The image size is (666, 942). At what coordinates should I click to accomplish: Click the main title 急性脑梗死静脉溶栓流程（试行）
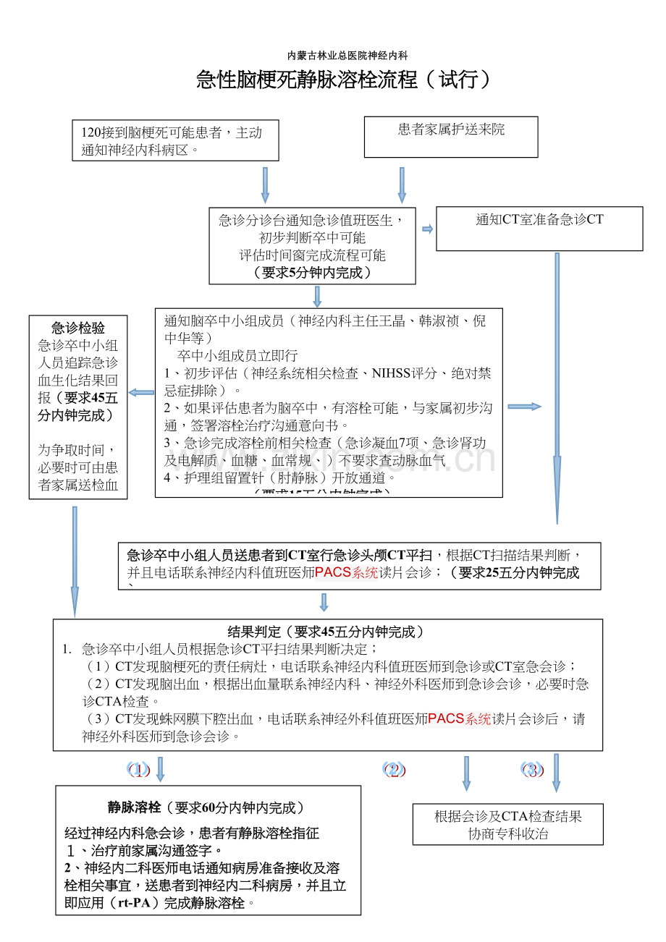pyautogui.click(x=344, y=80)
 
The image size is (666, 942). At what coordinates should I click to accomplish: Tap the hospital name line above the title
pyautogui.click(x=347, y=56)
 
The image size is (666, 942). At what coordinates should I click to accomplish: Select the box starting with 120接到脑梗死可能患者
pyautogui.click(x=175, y=140)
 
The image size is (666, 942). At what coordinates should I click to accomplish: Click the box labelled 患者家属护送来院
pyautogui.click(x=451, y=136)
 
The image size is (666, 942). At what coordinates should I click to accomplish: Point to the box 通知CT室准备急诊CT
pyautogui.click(x=539, y=229)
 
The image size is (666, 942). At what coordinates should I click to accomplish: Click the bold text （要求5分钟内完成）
pyautogui.click(x=313, y=273)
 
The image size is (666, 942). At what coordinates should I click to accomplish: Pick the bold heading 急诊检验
pyautogui.click(x=78, y=328)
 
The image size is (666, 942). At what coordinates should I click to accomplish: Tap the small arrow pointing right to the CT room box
pyautogui.click(x=427, y=229)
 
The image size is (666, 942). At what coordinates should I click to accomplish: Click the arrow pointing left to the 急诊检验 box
pyautogui.click(x=141, y=393)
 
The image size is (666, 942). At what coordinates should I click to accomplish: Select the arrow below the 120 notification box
pyautogui.click(x=265, y=185)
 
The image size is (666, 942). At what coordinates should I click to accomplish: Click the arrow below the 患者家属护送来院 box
pyautogui.click(x=402, y=185)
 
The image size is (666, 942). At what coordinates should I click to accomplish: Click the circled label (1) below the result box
pyautogui.click(x=138, y=770)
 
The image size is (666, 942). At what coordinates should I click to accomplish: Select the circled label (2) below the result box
pyautogui.click(x=395, y=770)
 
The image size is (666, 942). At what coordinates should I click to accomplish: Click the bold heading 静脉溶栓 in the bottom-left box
pyautogui.click(x=134, y=807)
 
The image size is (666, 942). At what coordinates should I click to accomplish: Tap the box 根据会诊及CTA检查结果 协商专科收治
pyautogui.click(x=508, y=825)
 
